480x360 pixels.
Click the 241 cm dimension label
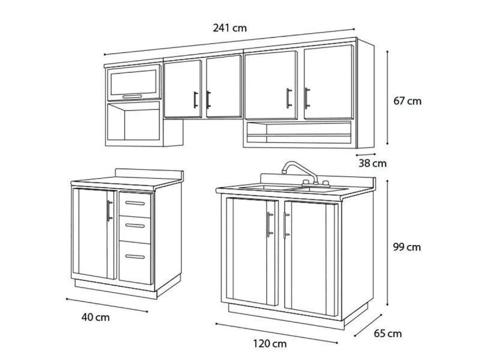230,28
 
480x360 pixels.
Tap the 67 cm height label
407,101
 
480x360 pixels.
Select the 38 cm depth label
372,163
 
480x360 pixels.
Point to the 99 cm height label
407,247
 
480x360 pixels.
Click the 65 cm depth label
388,333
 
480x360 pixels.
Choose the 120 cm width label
269,343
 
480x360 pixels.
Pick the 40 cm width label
95,317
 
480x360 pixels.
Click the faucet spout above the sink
298,170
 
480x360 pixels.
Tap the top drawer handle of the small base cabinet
135,203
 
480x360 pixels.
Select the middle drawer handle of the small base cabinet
135,226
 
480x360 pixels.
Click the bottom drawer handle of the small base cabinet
135,257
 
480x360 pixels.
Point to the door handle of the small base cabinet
109,211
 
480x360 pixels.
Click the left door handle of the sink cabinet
269,224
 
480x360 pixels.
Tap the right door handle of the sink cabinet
286,225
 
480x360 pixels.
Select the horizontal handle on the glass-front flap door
132,97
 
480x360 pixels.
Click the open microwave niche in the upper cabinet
133,122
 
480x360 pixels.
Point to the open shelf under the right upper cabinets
299,132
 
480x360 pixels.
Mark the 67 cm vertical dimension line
387,97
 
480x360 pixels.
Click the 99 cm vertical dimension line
387,243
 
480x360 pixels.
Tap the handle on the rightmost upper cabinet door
307,98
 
